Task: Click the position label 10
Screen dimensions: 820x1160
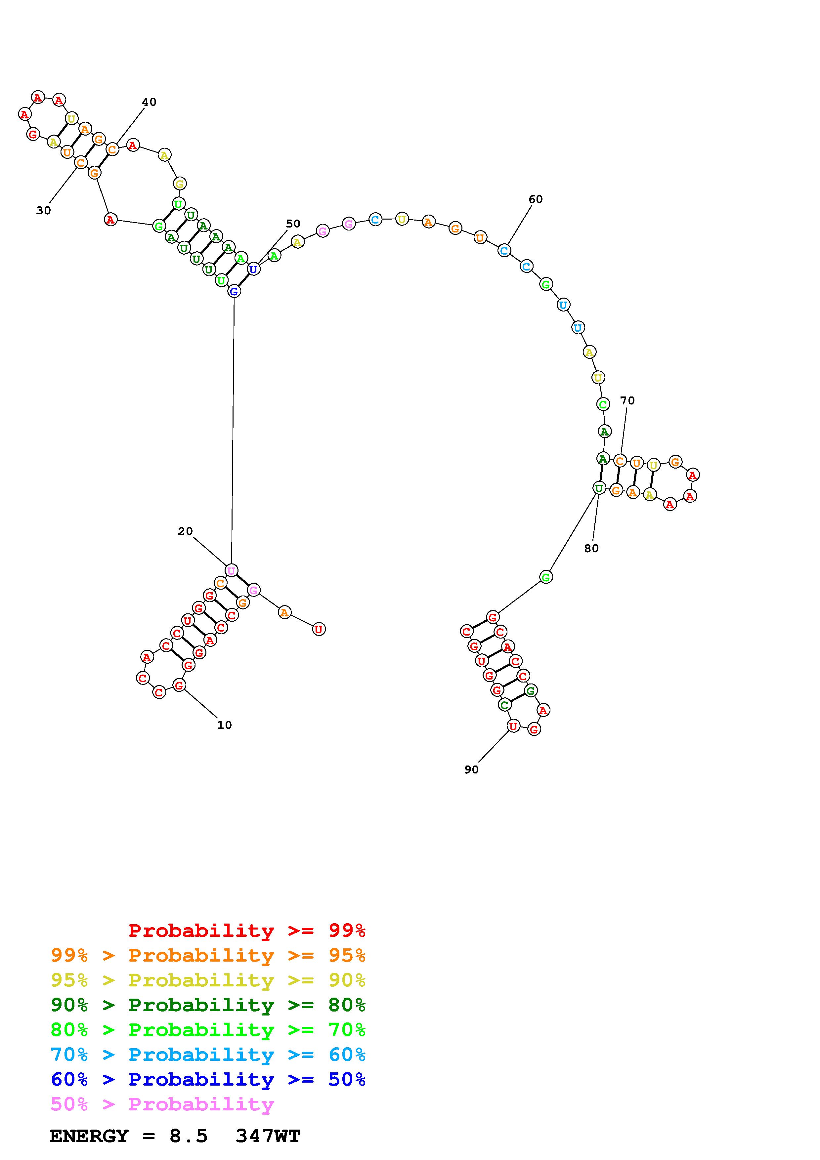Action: (224, 725)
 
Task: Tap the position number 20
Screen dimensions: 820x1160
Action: (186, 531)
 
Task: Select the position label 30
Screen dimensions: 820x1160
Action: (43, 211)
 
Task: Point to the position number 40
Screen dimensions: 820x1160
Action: (149, 102)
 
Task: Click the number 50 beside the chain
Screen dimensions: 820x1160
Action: (293, 224)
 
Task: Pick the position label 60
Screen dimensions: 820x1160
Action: (536, 200)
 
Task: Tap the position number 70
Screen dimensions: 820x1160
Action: (627, 401)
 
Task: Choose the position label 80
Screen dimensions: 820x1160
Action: (591, 549)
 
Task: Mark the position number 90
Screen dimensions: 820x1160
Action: (471, 769)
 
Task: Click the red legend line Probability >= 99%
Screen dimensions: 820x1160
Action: (247, 931)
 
